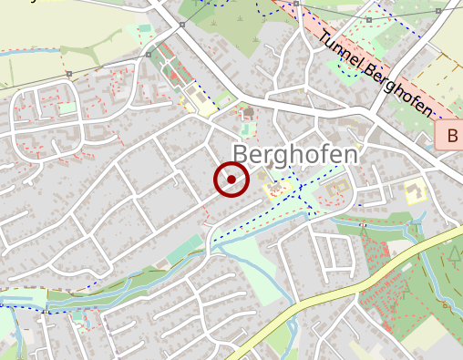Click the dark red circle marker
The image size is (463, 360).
click(231, 180)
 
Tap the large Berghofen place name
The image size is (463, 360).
click(294, 154)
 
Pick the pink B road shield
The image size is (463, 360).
click(451, 137)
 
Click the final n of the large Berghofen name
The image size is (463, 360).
click(350, 154)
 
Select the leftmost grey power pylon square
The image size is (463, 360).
click(69, 73)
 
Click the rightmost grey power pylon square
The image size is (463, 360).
click(438, 10)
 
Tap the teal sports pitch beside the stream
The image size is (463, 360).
click(186, 249)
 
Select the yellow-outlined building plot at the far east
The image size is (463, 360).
click(415, 192)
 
